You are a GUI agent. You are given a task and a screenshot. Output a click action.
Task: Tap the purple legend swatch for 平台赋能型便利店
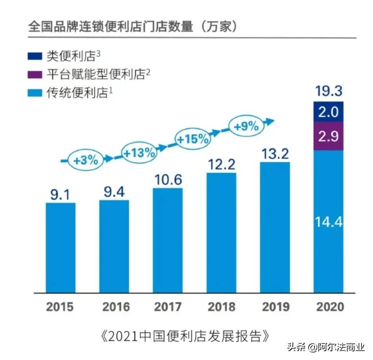pyautogui.click(x=35, y=74)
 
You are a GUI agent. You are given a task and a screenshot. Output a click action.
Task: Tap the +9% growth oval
pyautogui.click(x=245, y=126)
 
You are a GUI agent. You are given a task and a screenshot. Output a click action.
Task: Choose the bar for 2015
pyautogui.click(x=60, y=248)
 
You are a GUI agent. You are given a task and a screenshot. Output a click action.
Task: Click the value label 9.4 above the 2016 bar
pyautogui.click(x=114, y=192)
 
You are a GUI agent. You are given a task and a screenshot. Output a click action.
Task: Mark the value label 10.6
pyautogui.click(x=167, y=179)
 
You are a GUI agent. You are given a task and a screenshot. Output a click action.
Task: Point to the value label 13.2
pyautogui.click(x=274, y=154)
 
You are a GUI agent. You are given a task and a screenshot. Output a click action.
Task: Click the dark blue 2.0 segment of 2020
pyautogui.click(x=328, y=112)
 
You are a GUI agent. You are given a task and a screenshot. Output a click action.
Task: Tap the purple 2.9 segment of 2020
pyautogui.click(x=328, y=136)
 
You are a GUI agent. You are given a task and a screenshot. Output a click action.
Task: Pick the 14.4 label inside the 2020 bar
pyautogui.click(x=328, y=222)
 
